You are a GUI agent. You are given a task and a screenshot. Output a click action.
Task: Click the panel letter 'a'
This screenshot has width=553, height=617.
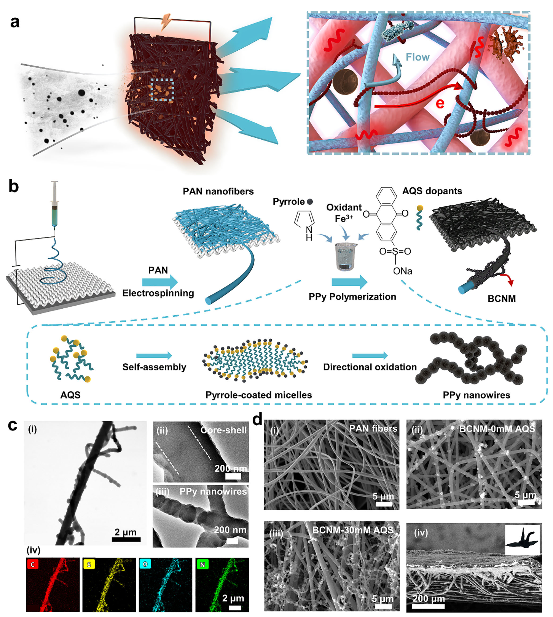click(x=15, y=22)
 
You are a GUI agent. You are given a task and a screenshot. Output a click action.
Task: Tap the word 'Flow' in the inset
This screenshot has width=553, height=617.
click(x=418, y=57)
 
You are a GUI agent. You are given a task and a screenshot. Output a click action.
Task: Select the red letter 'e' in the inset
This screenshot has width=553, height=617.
click(x=440, y=103)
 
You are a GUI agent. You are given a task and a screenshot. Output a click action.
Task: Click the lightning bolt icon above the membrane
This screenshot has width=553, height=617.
click(x=166, y=22)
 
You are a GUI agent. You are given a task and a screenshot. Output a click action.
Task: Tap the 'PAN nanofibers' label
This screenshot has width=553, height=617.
click(x=218, y=191)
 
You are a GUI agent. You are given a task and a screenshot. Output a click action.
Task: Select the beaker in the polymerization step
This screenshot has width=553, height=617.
click(x=346, y=257)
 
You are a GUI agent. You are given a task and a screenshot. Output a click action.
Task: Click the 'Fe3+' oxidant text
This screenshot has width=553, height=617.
click(x=344, y=218)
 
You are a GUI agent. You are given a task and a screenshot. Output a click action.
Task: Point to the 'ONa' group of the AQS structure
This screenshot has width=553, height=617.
click(x=403, y=271)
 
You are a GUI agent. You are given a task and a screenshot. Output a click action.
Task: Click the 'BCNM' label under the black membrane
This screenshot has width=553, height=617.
click(x=502, y=299)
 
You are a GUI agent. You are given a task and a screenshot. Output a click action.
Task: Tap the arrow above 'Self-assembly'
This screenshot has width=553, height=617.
click(x=154, y=356)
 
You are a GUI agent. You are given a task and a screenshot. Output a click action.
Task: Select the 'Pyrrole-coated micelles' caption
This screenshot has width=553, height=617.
click(x=259, y=395)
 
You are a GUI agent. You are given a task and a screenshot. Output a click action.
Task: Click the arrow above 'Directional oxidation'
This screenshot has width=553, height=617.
click(x=370, y=356)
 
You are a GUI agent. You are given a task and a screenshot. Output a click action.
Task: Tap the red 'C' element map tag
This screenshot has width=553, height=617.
click(x=32, y=564)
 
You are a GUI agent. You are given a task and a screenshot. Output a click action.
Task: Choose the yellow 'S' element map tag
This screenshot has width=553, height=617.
click(x=89, y=564)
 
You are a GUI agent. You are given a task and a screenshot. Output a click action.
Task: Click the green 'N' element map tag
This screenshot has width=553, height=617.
click(x=202, y=564)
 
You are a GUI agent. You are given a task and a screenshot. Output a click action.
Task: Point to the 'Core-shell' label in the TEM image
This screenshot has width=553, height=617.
click(x=224, y=430)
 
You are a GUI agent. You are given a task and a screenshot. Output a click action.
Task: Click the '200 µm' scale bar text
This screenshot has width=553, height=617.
click(x=429, y=599)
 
